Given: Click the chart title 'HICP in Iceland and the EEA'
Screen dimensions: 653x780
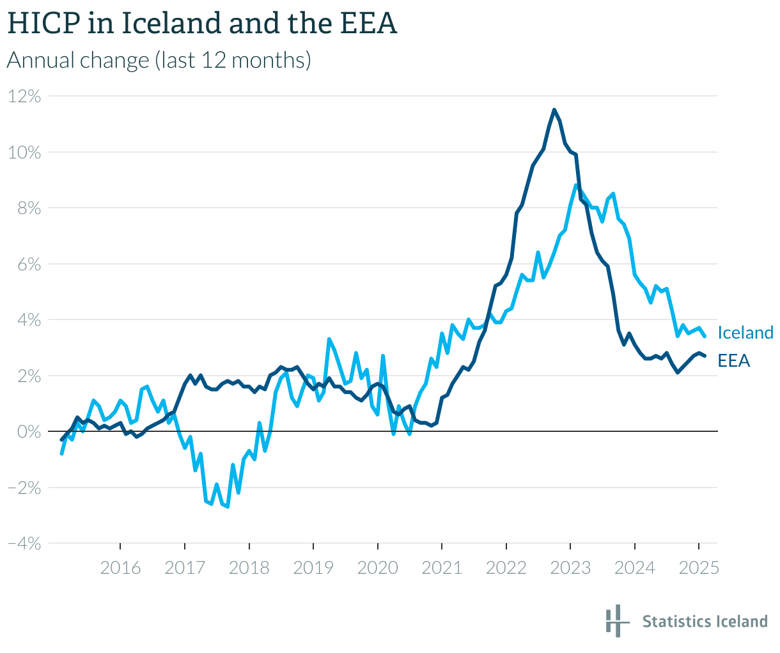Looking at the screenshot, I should point(202,24).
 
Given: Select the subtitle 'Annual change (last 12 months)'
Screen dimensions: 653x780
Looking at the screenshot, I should point(159,61).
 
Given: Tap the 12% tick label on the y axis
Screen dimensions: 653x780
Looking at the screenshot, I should point(25,96).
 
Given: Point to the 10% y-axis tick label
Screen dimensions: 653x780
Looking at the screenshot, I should point(25,153).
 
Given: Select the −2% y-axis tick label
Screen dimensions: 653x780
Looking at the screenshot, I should point(24,488).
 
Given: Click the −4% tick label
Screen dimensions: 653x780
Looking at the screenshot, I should point(24,544).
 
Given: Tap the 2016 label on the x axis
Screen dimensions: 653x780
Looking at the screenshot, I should point(121,567).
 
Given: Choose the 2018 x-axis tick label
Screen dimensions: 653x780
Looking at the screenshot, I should point(249,567).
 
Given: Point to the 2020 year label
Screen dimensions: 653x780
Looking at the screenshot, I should point(378,567).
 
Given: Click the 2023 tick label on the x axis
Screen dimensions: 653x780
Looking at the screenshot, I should point(570,567).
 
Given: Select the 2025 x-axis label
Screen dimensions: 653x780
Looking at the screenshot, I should point(699,567).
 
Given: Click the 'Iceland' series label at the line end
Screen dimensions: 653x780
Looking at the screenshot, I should point(745,333).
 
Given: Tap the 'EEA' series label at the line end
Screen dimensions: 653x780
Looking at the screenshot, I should point(733,361).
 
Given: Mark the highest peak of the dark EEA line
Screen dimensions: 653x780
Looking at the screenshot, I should point(554,110).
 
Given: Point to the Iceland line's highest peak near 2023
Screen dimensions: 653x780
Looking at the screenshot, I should point(576,185).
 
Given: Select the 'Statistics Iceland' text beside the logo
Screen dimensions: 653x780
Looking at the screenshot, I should point(705,622).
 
